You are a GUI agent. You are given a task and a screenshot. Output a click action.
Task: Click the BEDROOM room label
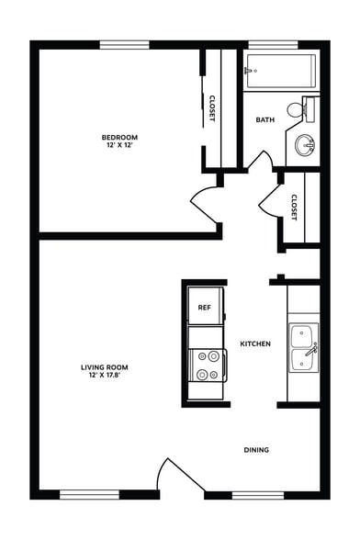tap(119, 137)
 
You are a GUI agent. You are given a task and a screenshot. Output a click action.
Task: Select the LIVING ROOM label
tap(107, 366)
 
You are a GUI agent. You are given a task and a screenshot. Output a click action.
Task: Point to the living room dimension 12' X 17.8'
tap(107, 375)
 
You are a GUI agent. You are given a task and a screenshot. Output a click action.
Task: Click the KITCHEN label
tap(254, 343)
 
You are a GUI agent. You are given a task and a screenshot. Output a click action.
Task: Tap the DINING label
tap(256, 449)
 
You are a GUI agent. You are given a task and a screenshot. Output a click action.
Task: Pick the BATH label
tap(265, 119)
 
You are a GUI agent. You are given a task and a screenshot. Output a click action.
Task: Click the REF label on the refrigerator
tap(204, 308)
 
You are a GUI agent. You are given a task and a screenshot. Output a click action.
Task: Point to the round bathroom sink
tap(306, 145)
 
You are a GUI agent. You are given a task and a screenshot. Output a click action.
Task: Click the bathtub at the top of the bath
tap(280, 69)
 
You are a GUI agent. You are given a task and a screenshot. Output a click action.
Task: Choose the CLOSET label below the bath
tap(294, 208)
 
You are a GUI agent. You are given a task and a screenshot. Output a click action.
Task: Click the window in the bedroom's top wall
tap(125, 44)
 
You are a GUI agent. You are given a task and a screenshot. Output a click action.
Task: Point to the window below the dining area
tap(256, 496)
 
